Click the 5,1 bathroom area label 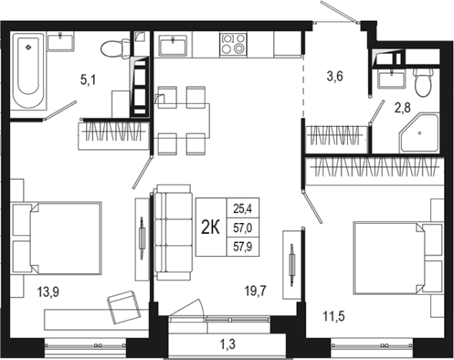point(88,80)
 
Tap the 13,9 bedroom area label point(48,292)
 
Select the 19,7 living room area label point(255,291)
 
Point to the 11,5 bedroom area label point(334,316)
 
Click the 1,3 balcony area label point(228,345)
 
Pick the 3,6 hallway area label point(335,76)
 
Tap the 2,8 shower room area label point(402,108)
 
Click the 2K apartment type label point(211,228)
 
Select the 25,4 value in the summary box point(242,208)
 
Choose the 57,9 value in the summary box point(242,247)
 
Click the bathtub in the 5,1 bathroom point(28,71)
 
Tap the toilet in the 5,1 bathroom point(116,48)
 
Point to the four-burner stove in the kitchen point(233,45)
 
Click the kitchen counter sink point(173,45)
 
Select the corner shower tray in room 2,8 point(419,134)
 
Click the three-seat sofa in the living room point(173,232)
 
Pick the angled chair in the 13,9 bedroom point(124,308)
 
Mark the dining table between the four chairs point(182,121)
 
